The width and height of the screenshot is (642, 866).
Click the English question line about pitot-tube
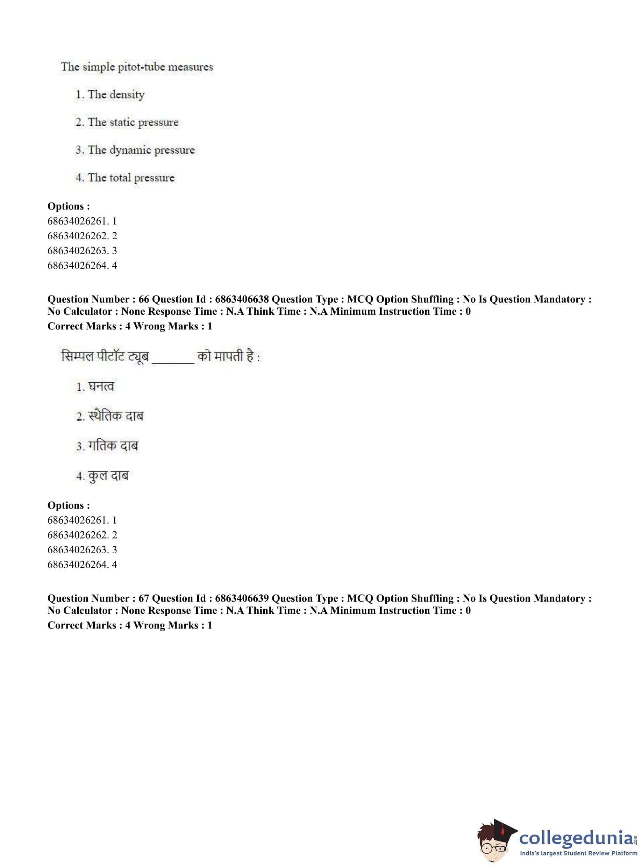[x=137, y=67]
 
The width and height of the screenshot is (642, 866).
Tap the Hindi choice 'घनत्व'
[x=101, y=386]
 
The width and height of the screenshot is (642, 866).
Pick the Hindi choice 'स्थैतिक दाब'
[x=116, y=416]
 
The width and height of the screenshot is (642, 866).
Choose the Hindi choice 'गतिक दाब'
[x=113, y=446]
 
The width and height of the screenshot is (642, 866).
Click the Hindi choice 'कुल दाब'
[x=108, y=476]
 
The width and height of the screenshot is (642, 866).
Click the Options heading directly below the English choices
[x=69, y=206]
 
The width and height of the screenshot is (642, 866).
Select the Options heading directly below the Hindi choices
[x=69, y=505]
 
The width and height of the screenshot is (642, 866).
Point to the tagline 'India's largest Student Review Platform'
[x=578, y=853]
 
